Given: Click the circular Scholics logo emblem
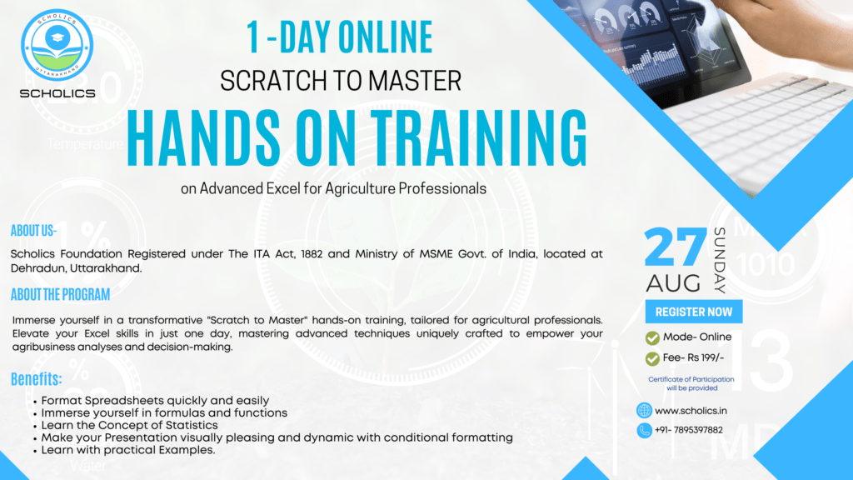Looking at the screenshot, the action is point(57,45).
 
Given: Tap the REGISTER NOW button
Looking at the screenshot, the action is point(694,312).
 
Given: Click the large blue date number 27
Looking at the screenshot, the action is point(675,247).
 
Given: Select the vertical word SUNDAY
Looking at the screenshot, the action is point(720,261).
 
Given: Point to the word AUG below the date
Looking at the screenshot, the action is point(673,283).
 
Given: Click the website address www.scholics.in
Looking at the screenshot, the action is point(691,411).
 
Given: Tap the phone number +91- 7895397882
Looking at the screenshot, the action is point(689,430).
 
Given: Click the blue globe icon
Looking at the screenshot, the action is point(644,410).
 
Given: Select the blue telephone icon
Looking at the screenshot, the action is point(644,431).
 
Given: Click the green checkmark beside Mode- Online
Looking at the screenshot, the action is point(652,338).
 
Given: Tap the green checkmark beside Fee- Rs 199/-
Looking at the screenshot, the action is point(652,358).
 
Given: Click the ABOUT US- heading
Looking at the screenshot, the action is point(33,231).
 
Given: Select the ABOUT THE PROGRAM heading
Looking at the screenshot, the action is point(60,294).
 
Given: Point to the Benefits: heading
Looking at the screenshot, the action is point(37,379).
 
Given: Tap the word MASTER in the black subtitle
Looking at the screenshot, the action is point(415,81).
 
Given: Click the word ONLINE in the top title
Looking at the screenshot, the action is point(385,37).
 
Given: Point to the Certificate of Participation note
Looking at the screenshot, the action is point(691,383).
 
